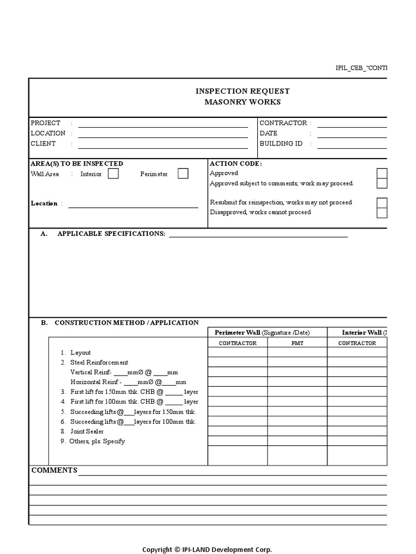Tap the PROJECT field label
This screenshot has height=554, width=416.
(x=45, y=123)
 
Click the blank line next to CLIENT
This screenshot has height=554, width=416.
(x=162, y=144)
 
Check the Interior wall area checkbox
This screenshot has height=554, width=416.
(x=113, y=174)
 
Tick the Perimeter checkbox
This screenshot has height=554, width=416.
(x=183, y=174)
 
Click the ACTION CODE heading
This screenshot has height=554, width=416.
(x=236, y=163)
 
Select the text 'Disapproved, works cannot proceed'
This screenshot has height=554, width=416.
(x=260, y=212)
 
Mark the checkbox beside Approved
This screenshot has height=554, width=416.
(x=382, y=173)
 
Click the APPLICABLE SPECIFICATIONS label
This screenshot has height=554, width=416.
(x=111, y=234)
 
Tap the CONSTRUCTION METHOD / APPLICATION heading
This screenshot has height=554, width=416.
(x=126, y=322)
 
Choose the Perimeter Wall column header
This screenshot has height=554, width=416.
(x=262, y=332)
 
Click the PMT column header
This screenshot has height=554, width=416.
(x=297, y=343)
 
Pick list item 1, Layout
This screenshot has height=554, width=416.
(x=80, y=353)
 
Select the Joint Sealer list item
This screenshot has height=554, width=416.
(x=87, y=431)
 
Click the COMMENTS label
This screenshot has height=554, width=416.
(x=54, y=470)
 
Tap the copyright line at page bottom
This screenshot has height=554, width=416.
(x=207, y=549)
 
